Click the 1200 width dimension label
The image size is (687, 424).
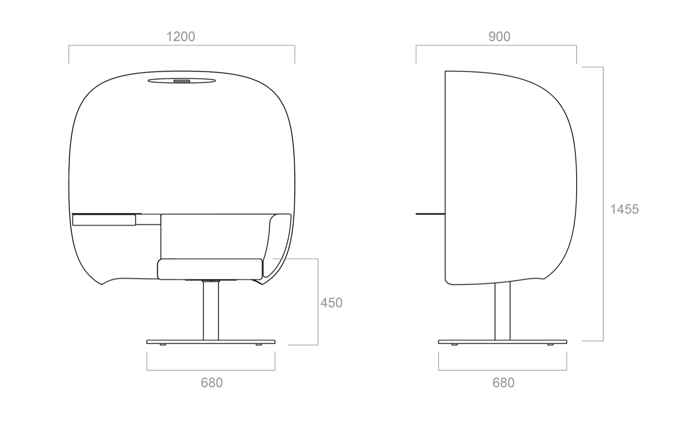click(x=181, y=37)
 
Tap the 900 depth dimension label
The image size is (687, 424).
click(x=499, y=37)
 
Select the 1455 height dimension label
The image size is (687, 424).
click(x=625, y=210)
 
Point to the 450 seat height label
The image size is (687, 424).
click(x=331, y=303)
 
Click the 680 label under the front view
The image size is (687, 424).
click(x=212, y=383)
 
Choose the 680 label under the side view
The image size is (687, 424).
click(x=503, y=383)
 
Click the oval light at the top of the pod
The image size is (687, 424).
click(x=182, y=81)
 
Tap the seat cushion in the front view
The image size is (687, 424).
click(x=210, y=269)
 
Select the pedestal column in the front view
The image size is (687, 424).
click(x=211, y=310)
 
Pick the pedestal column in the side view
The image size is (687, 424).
click(x=503, y=310)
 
